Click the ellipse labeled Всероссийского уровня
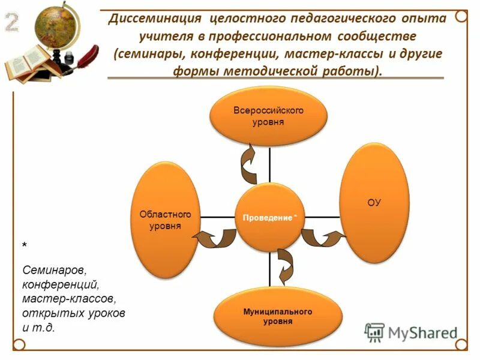[268, 116]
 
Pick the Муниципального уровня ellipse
[277, 317]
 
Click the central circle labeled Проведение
[269, 217]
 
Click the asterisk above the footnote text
[25, 246]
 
